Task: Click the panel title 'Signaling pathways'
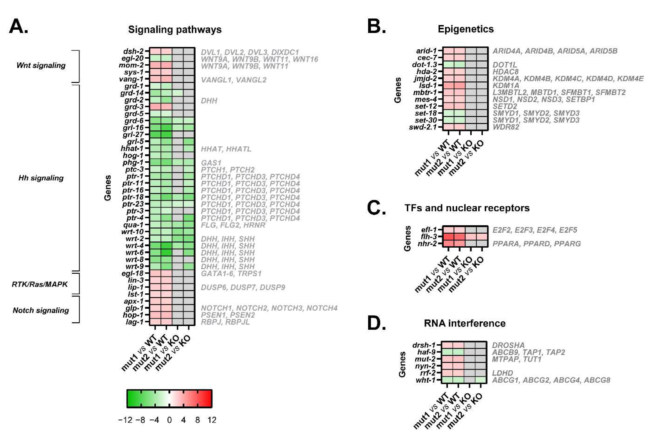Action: (x=175, y=30)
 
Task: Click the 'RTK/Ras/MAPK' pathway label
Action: (x=40, y=284)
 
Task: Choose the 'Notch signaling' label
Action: (x=41, y=310)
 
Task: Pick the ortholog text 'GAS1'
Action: (x=211, y=163)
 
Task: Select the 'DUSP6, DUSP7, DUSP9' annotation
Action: (x=243, y=287)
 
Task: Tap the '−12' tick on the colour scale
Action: (x=125, y=420)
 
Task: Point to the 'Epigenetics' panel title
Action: (x=465, y=29)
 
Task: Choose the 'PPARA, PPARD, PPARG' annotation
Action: (x=536, y=243)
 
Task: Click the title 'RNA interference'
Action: (x=464, y=323)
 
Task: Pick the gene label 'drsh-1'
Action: (x=424, y=345)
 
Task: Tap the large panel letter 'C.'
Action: (x=376, y=208)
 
